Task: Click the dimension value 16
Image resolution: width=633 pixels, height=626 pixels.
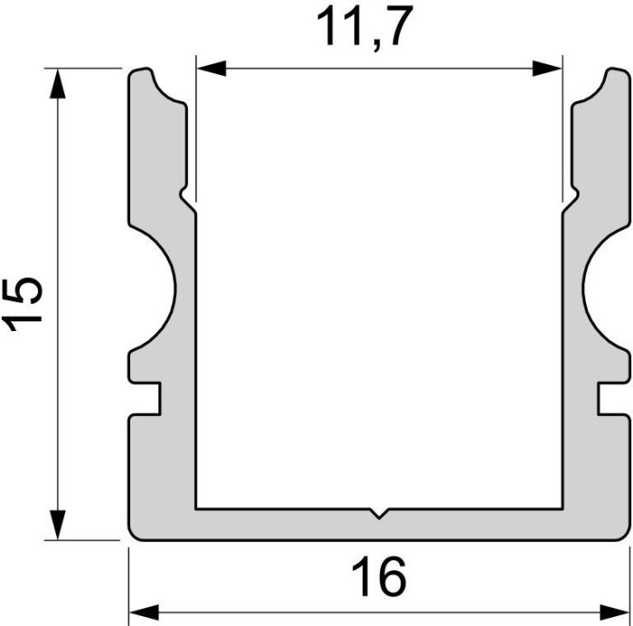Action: (379, 578)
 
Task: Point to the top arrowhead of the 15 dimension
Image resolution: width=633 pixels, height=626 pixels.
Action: (58, 82)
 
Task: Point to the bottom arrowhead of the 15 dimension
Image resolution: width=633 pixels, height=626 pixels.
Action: (58, 526)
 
